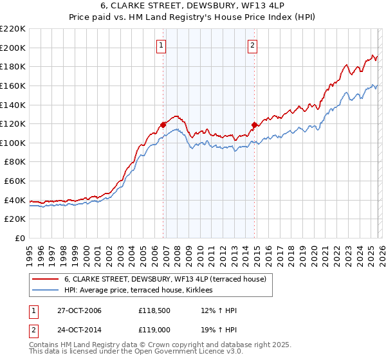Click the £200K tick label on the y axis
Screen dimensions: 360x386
(x=13, y=48)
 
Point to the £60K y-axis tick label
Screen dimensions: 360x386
(x=15, y=181)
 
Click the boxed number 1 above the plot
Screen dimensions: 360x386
(x=160, y=45)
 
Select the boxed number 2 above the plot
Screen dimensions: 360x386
(x=252, y=45)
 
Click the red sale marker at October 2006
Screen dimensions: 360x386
(x=163, y=125)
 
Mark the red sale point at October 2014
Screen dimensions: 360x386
(x=255, y=124)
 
